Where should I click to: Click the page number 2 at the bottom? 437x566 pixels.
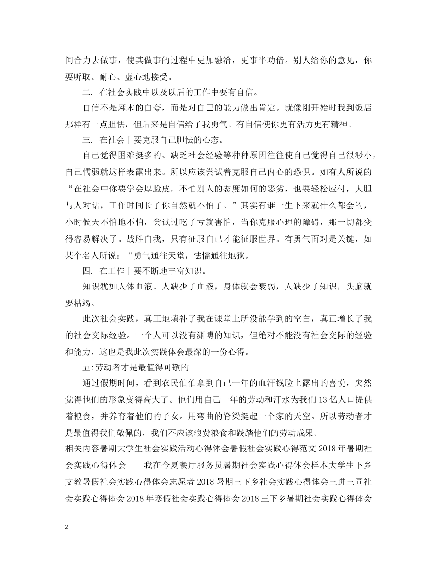click(67, 527)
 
